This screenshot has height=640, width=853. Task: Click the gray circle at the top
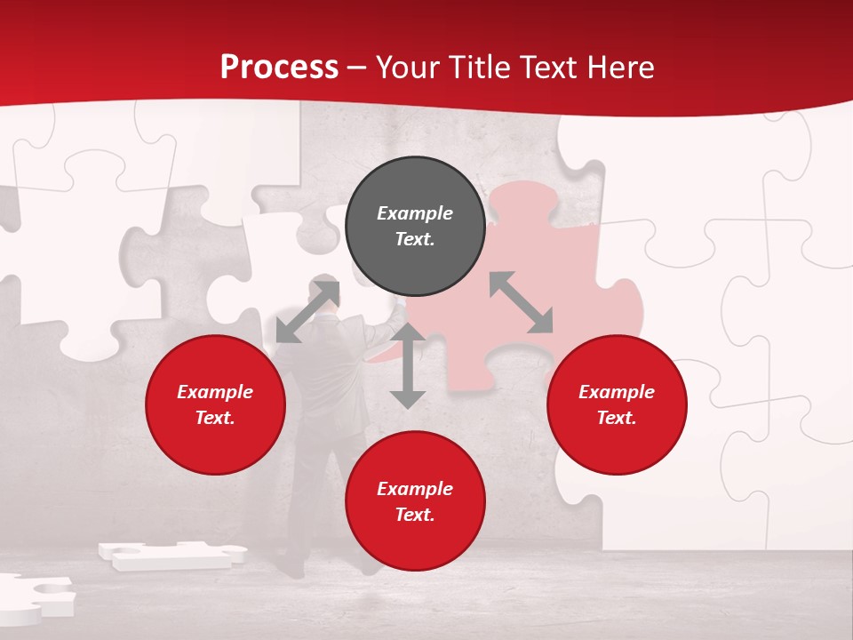pyautogui.click(x=415, y=227)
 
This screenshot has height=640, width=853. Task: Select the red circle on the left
pyautogui.click(x=215, y=404)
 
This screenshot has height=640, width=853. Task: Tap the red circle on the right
pyautogui.click(x=617, y=404)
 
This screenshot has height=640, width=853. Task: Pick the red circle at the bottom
pyautogui.click(x=415, y=501)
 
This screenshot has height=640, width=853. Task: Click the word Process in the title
pyautogui.click(x=279, y=67)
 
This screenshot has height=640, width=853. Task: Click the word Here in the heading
pyautogui.click(x=618, y=67)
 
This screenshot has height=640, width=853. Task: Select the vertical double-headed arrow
pyautogui.click(x=408, y=366)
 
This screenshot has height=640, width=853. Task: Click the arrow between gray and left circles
pyautogui.click(x=307, y=311)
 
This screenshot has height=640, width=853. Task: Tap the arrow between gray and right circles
pyautogui.click(x=522, y=302)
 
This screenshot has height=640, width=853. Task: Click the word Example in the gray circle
pyautogui.click(x=415, y=213)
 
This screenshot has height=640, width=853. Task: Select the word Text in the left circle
pyautogui.click(x=215, y=418)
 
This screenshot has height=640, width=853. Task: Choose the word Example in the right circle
pyautogui.click(x=617, y=392)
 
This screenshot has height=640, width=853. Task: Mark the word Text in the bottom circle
pyautogui.click(x=415, y=515)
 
